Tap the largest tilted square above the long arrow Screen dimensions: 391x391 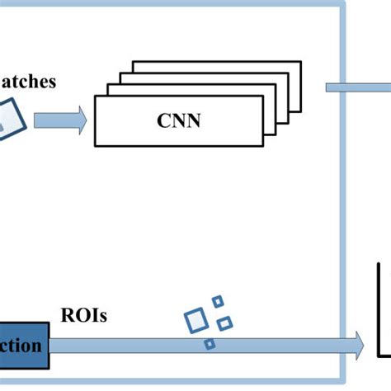click(x=196, y=318)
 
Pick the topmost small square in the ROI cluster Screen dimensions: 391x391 click(x=218, y=302)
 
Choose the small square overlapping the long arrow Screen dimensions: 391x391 click(x=210, y=342)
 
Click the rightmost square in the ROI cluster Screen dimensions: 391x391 click(x=224, y=320)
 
